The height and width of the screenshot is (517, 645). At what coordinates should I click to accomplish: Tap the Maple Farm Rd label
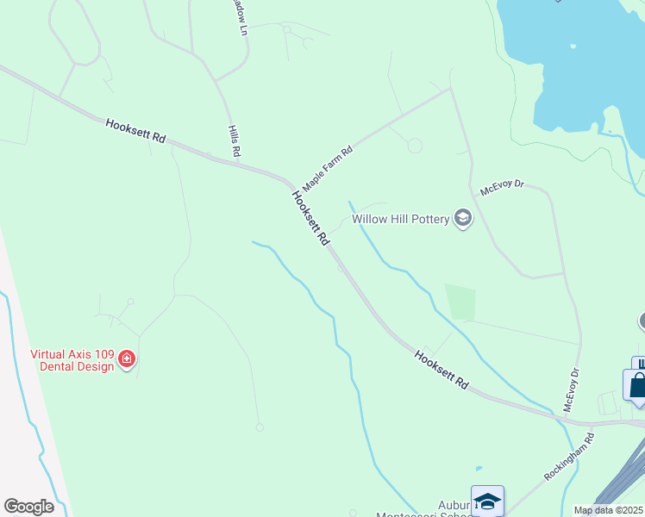tap(328, 168)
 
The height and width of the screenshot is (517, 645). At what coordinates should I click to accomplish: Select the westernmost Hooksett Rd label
tap(135, 132)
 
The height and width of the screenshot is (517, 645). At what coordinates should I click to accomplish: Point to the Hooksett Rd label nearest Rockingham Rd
tap(441, 370)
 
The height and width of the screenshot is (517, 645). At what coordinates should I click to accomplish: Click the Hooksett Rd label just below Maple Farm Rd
tap(310, 218)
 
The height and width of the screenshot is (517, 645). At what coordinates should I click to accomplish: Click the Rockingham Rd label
tap(570, 458)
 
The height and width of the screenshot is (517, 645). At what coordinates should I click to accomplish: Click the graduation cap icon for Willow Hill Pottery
tap(464, 218)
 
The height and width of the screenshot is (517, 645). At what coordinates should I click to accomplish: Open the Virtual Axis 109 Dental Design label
tap(72, 360)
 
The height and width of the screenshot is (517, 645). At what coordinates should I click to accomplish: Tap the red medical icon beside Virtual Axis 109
tap(127, 358)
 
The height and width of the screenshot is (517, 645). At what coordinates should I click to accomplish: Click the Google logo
tap(28, 507)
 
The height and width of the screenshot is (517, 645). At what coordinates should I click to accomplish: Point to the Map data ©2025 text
tap(608, 510)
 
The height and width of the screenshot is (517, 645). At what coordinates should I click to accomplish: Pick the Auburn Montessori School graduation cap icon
tap(487, 501)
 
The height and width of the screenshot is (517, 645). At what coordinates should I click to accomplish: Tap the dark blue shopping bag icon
tap(637, 385)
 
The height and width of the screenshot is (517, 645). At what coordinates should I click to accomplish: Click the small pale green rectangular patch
tap(460, 302)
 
